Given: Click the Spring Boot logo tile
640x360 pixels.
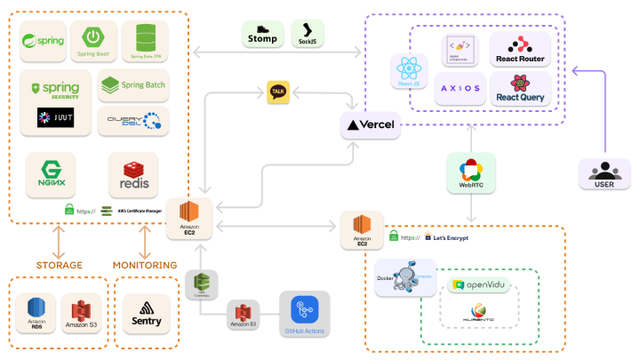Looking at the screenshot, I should (92, 42).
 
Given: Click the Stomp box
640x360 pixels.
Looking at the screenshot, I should (264, 34).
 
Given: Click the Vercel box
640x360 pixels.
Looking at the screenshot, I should (371, 124).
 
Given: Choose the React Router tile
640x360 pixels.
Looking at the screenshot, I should (520, 50).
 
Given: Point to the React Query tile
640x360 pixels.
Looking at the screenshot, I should (520, 89).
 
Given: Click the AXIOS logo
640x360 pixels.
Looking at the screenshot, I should (460, 89).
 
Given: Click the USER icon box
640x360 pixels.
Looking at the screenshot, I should (604, 172).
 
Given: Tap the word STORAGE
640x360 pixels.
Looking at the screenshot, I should (60, 265).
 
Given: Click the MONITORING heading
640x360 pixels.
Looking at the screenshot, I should (145, 265).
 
